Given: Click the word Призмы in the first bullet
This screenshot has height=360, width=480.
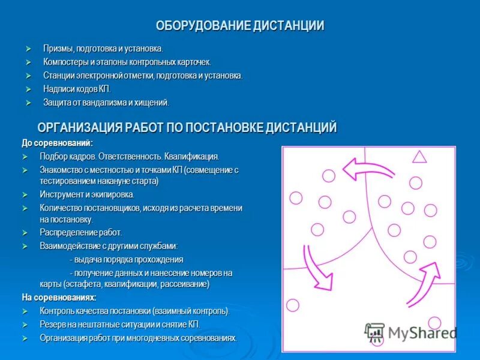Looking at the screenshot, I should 56,48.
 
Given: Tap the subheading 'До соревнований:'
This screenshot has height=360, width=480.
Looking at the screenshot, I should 57,143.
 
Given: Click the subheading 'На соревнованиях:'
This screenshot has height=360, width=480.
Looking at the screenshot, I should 59,297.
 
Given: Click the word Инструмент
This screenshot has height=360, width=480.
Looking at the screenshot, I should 61,194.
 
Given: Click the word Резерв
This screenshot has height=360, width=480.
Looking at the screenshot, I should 53,324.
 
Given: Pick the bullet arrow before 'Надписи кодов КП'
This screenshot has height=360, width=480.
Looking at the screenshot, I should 28,89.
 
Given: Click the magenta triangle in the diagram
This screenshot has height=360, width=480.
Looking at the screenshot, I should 419,157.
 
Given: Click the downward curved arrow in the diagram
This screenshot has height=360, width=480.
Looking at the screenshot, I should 318,265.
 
